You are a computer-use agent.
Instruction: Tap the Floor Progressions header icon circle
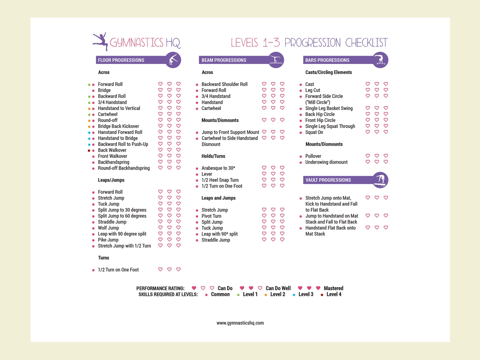point(173,60)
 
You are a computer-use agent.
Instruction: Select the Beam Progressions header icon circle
point(276,60)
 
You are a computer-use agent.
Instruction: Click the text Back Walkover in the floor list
point(112,150)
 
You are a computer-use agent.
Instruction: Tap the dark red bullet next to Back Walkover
point(89,150)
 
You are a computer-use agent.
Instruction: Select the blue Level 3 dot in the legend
point(294,295)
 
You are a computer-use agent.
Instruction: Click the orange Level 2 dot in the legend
point(266,295)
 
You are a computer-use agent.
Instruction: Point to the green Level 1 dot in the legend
point(238,295)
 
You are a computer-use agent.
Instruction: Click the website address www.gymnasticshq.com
point(240,323)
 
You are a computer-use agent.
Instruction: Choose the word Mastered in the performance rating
point(334,288)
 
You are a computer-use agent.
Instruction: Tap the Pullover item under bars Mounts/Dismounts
point(313,156)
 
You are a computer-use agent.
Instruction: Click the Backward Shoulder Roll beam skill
point(224,84)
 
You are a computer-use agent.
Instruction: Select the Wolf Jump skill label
point(108,228)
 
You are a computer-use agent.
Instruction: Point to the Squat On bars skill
point(314,132)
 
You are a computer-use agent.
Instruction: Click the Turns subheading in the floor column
point(104,258)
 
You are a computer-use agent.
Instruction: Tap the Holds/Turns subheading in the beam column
point(213,156)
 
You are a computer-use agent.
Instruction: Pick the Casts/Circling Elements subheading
point(328,72)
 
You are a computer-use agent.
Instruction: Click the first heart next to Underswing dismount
point(368,162)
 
